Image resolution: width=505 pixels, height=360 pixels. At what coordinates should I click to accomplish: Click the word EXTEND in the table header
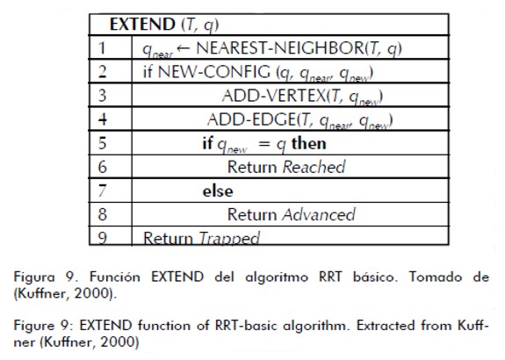tap(142, 25)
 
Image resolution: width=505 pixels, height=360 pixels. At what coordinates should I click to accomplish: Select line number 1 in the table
tap(102, 48)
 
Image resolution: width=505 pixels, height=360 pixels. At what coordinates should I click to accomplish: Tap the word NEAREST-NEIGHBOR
tap(280, 48)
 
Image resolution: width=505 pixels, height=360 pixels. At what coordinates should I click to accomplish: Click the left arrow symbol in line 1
tap(183, 48)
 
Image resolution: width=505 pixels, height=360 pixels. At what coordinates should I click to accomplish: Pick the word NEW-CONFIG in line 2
tap(213, 71)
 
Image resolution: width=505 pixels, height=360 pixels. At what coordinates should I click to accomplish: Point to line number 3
tap(102, 96)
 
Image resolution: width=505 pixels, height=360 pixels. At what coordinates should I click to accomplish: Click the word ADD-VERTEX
tap(274, 96)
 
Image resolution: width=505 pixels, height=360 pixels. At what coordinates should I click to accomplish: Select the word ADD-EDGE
tap(251, 119)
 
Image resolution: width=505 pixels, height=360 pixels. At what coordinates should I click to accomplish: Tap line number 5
tap(102, 143)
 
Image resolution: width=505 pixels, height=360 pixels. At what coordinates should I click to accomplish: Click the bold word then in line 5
tap(308, 143)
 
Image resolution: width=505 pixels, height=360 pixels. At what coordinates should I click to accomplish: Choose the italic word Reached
tap(314, 167)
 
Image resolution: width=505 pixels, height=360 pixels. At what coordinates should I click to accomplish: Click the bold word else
tap(218, 191)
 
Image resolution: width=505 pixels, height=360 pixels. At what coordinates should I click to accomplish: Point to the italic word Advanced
tap(319, 214)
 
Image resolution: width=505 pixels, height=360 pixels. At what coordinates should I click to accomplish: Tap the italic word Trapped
tap(229, 239)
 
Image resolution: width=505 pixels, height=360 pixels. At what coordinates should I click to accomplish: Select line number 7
tap(102, 191)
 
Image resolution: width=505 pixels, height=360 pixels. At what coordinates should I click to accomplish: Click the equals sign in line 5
tap(264, 144)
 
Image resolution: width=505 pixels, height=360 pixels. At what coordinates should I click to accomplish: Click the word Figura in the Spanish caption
tap(34, 277)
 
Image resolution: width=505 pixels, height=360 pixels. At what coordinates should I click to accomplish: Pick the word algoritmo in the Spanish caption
tap(277, 277)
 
